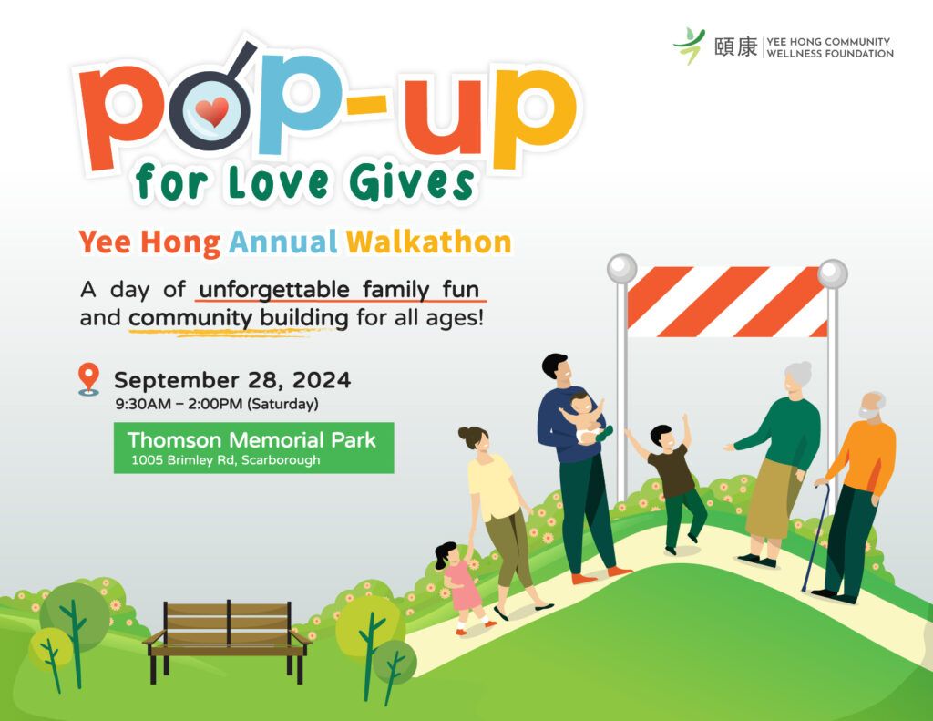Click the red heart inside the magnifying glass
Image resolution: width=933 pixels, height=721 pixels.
[x=211, y=111]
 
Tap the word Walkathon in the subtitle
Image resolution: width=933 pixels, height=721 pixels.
[x=429, y=242]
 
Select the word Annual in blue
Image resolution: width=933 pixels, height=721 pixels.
[x=283, y=242]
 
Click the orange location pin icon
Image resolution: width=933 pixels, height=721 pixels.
[x=88, y=379]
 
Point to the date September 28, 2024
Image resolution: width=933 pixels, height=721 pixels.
[x=232, y=380]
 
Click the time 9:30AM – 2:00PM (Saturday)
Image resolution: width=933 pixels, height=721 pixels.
[x=217, y=405]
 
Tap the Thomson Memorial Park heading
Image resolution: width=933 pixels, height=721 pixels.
[x=251, y=440]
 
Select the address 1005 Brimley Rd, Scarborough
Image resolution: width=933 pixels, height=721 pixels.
[x=226, y=460]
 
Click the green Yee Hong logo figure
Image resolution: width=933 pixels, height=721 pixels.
[x=689, y=46]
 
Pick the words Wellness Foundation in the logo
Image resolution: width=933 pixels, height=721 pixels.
[x=829, y=54]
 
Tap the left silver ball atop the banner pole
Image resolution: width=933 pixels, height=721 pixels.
[x=621, y=269]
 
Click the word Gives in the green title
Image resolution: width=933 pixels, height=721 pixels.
[x=411, y=182]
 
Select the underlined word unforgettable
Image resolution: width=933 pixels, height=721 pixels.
[x=273, y=290]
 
